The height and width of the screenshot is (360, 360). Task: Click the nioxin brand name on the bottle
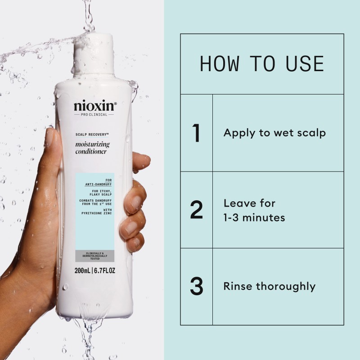pyautogui.click(x=94, y=107)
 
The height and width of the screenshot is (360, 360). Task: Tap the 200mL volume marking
pyautogui.click(x=84, y=271)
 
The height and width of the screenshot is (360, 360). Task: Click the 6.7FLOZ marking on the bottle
pyautogui.click(x=106, y=271)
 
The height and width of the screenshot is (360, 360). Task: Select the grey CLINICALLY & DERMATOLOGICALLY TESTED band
pyautogui.click(x=94, y=255)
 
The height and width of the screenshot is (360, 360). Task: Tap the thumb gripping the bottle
pyautogui.click(x=50, y=148)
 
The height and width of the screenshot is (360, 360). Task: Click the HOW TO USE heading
pyautogui.click(x=261, y=64)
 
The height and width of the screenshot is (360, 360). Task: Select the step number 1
pyautogui.click(x=196, y=133)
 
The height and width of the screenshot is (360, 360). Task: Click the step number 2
pyautogui.click(x=196, y=210)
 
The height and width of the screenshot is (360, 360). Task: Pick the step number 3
pyautogui.click(x=196, y=287)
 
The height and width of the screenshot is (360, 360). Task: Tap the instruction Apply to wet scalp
pyautogui.click(x=274, y=133)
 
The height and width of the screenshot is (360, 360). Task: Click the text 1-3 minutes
pyautogui.click(x=254, y=218)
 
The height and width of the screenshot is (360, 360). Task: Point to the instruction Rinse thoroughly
pyautogui.click(x=269, y=287)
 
